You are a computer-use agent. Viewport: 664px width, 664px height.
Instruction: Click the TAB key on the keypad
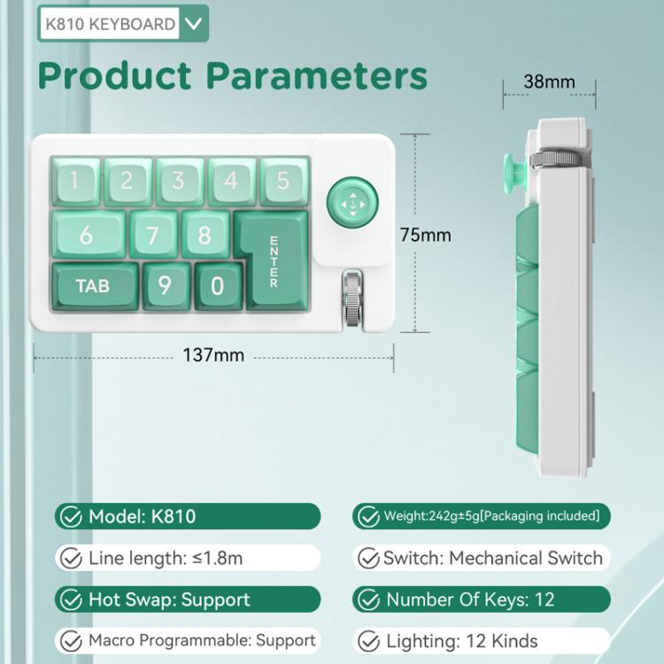tap(93, 286)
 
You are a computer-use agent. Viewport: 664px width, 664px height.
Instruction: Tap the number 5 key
tap(282, 181)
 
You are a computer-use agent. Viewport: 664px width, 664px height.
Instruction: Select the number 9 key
tap(165, 286)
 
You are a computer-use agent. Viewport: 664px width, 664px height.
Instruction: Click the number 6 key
tap(86, 235)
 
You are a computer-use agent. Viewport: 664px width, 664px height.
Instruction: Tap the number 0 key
tap(218, 286)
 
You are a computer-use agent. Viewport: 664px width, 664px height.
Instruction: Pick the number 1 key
tap(73, 181)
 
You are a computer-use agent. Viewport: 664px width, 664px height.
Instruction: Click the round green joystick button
tap(351, 205)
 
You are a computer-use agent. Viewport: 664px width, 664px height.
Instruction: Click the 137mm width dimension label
tap(212, 356)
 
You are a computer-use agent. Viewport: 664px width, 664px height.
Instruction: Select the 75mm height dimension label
tap(426, 235)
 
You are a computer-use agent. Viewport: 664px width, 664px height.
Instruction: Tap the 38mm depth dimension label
tap(549, 82)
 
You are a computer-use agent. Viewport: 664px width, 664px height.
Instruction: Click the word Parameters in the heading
tap(317, 76)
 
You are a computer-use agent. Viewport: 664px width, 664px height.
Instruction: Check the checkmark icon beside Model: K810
tap(68, 516)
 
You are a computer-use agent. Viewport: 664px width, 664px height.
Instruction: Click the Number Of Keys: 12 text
tap(470, 599)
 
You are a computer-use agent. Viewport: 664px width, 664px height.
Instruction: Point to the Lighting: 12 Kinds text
tap(461, 641)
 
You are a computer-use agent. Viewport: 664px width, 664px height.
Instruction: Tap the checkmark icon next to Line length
tap(68, 558)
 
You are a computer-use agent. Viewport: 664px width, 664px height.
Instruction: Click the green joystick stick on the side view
tap(513, 173)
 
